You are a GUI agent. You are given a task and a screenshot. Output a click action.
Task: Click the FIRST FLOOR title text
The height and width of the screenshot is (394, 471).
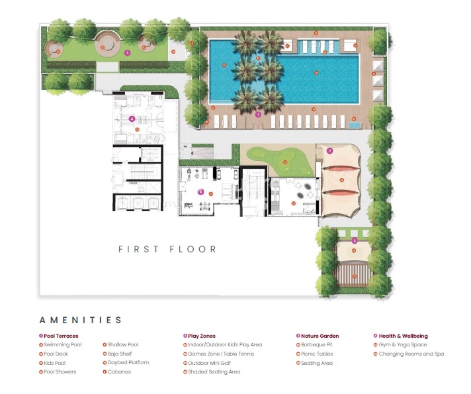pyautogui.click(x=167, y=250)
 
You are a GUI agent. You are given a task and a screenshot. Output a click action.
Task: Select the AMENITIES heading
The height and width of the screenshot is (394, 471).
pyautogui.click(x=81, y=320)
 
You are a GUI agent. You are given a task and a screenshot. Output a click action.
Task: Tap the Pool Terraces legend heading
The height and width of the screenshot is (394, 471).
pyautogui.click(x=61, y=336)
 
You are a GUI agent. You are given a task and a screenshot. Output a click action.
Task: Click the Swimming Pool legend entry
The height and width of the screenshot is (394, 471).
pyautogui.click(x=63, y=345)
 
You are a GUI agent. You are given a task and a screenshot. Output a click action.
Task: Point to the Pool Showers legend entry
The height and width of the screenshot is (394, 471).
pyautogui.click(x=60, y=372)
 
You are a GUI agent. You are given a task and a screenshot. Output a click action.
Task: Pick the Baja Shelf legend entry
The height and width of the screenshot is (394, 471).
pyautogui.click(x=120, y=354)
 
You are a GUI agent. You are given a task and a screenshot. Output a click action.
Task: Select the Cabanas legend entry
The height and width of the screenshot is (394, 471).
pyautogui.click(x=119, y=372)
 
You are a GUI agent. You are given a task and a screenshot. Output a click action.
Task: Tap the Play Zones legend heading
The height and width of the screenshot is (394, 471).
pyautogui.click(x=202, y=336)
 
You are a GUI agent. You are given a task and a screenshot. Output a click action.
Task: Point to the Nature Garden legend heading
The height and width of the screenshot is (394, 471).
pyautogui.click(x=316, y=336)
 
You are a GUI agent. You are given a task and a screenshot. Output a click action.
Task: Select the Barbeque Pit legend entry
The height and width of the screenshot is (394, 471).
pyautogui.click(x=317, y=345)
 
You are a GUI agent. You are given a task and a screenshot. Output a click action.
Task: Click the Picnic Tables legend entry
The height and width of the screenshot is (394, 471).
pyautogui.click(x=316, y=354)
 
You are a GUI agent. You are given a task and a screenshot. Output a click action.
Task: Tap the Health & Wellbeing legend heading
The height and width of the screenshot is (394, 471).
pyautogui.click(x=403, y=336)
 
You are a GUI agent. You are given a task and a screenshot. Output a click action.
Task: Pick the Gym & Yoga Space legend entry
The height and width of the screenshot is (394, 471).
pyautogui.click(x=403, y=345)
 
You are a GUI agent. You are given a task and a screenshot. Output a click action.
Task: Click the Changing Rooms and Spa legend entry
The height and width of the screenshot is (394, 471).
pyautogui.click(x=411, y=354)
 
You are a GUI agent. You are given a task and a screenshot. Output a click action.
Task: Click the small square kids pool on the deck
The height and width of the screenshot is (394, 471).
pyautogui.click(x=355, y=124)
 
